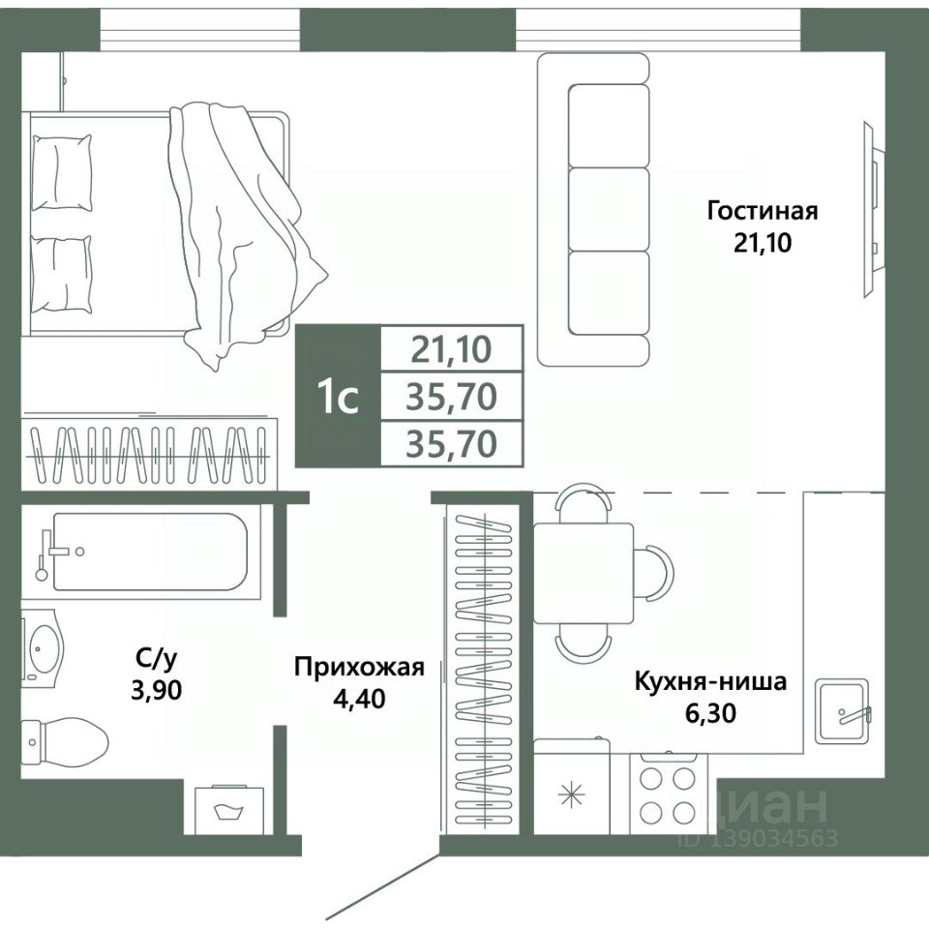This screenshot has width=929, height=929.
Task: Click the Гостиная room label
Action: point(762,211)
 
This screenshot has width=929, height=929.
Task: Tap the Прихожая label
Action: point(360,667)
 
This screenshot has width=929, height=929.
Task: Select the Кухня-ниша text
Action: point(710,681)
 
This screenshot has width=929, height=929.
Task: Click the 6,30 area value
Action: point(710,713)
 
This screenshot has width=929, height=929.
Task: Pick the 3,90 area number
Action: point(157,690)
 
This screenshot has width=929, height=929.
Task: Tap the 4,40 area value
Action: point(359,699)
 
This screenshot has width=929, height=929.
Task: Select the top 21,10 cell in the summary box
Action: point(452,349)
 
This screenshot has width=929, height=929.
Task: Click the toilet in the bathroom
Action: point(65,743)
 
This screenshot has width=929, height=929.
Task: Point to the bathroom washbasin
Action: point(43,648)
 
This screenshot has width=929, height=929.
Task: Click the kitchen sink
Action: point(843,711)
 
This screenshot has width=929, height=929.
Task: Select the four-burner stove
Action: point(668,794)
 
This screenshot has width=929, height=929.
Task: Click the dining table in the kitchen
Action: point(584,573)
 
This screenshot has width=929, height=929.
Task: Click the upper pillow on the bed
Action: point(62,172)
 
